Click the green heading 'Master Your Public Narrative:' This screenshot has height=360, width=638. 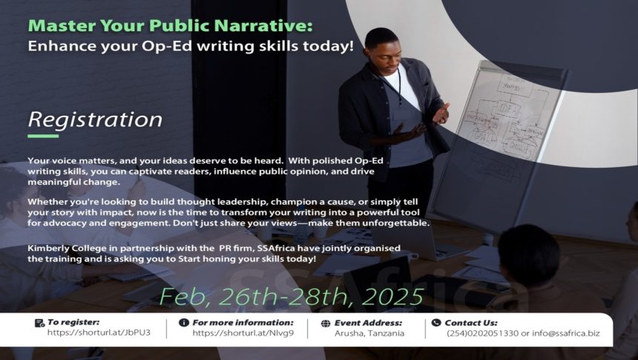(170, 26)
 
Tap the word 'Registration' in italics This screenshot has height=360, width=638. (95, 120)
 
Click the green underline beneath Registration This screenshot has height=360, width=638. (43, 136)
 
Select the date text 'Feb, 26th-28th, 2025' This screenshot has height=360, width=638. (292, 296)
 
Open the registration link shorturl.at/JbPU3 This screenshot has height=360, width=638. (99, 333)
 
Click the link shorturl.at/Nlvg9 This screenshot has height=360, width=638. (243, 333)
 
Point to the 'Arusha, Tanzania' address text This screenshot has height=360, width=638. (369, 333)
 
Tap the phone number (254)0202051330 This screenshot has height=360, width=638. (482, 333)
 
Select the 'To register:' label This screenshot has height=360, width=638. (73, 322)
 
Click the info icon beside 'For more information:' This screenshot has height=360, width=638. (184, 323)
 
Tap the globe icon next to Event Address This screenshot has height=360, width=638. (326, 324)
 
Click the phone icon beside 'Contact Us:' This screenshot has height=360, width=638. (436, 323)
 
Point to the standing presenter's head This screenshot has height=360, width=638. (381, 45)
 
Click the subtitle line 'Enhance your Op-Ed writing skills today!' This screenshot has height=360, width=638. (191, 45)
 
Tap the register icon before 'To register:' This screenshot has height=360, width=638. (39, 323)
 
